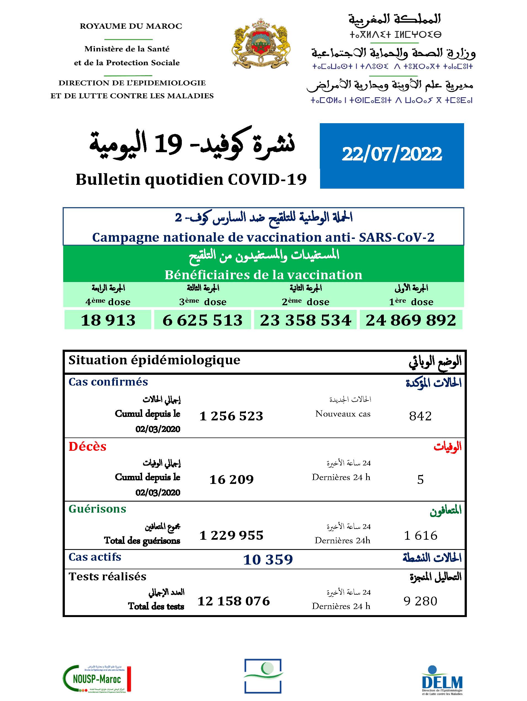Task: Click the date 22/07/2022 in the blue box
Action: (x=392, y=155)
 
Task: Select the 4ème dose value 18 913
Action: (x=108, y=320)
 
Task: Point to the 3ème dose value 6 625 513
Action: (x=202, y=320)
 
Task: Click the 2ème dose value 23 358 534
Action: (x=305, y=320)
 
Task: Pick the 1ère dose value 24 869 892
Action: (x=411, y=320)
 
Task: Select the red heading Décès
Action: (x=87, y=447)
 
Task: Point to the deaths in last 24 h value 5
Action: (x=420, y=479)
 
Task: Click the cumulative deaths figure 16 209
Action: (x=231, y=479)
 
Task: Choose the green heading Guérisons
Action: (x=97, y=509)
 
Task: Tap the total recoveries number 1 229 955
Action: (x=231, y=536)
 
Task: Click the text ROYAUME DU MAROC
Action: (x=131, y=26)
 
